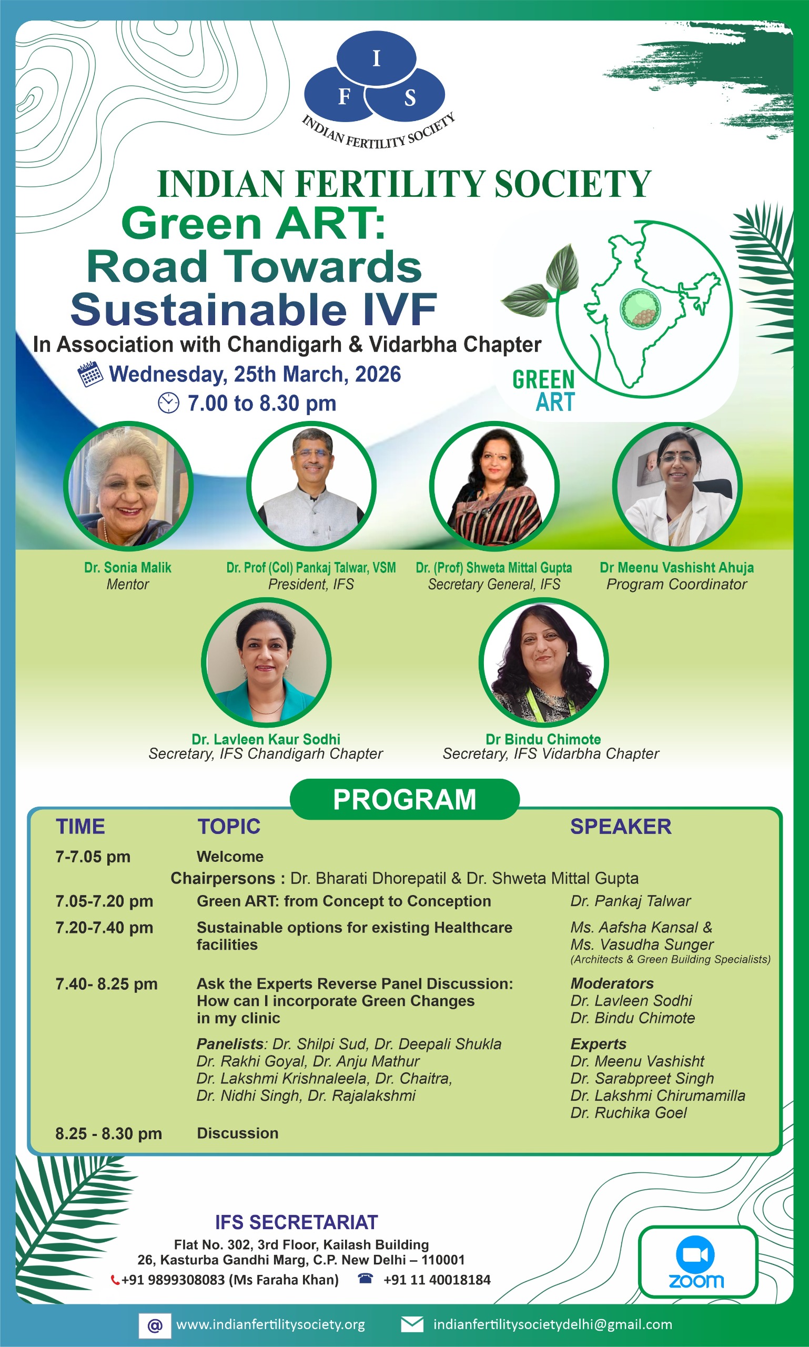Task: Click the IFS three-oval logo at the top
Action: click(376, 77)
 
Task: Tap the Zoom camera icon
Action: click(695, 1255)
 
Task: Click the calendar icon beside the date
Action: click(90, 374)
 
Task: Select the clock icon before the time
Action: click(168, 403)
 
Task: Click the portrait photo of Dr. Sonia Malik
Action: click(128, 485)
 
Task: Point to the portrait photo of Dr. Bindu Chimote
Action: click(543, 662)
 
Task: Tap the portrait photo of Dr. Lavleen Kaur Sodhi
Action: click(266, 662)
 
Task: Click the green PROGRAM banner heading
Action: click(404, 799)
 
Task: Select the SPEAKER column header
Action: click(621, 827)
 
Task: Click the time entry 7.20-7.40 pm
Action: click(104, 928)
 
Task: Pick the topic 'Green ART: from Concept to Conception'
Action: click(343, 901)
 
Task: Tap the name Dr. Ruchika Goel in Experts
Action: click(629, 1112)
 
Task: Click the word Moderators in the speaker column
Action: click(612, 983)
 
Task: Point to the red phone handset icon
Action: click(115, 1280)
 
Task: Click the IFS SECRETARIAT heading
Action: click(296, 1223)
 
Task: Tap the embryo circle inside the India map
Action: click(640, 309)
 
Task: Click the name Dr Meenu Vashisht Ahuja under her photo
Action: click(676, 568)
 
